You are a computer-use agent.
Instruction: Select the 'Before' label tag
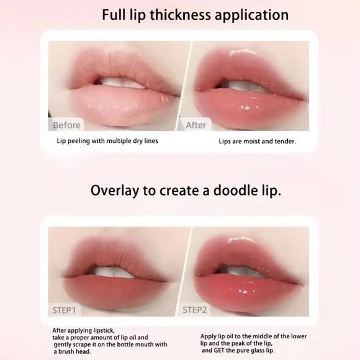tap(66, 125)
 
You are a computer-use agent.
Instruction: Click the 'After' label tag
tap(196, 125)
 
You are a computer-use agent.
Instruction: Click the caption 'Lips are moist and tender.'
tap(257, 142)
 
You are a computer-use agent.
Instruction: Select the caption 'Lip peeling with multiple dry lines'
tap(107, 141)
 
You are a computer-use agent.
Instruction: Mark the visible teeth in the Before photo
tap(118, 81)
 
